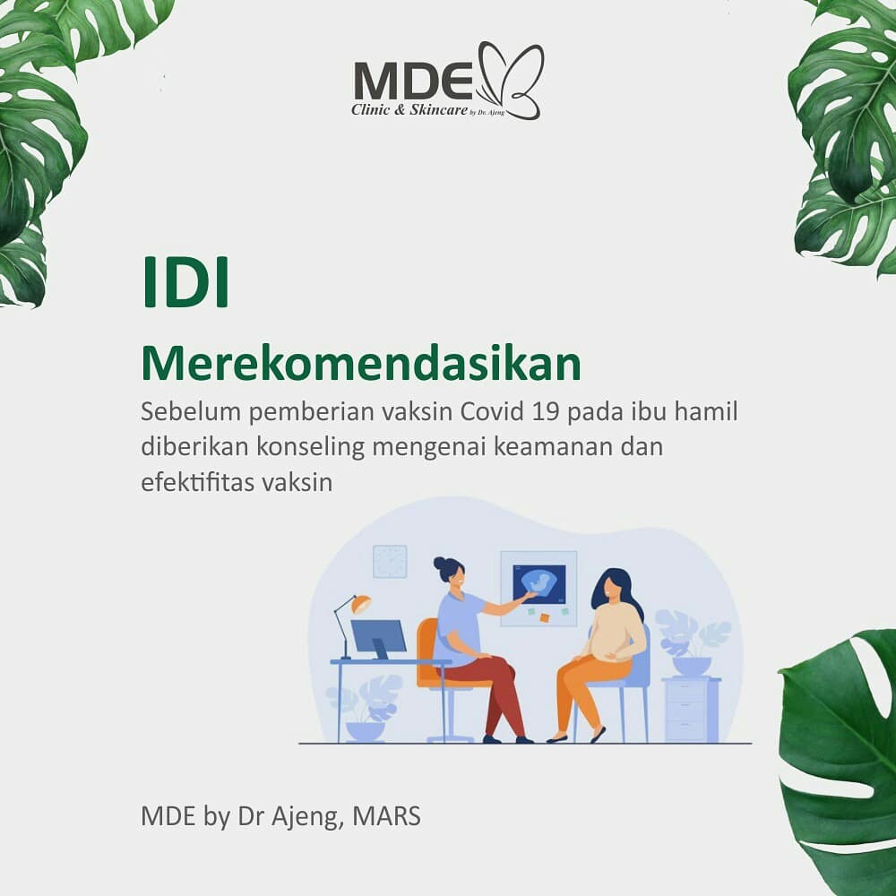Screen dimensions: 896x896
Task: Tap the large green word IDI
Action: click(x=185, y=283)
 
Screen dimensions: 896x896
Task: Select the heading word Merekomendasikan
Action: click(x=360, y=364)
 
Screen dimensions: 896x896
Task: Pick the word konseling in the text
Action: click(x=310, y=447)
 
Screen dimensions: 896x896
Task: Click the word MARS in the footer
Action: click(x=386, y=815)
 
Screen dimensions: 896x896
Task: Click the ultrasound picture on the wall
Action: click(x=538, y=584)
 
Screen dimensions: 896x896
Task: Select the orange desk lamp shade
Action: click(x=361, y=603)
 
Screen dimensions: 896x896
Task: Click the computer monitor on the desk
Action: click(x=378, y=636)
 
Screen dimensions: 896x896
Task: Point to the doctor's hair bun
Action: click(x=440, y=564)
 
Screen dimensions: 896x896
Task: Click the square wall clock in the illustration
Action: click(x=390, y=561)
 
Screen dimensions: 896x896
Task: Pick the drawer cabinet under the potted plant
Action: click(x=690, y=710)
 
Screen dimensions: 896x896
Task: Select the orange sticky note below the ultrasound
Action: click(x=544, y=617)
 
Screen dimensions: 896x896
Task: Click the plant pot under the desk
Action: click(x=366, y=731)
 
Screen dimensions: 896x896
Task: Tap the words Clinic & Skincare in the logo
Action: click(x=409, y=109)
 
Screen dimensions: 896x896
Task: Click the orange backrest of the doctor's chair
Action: click(x=426, y=651)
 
